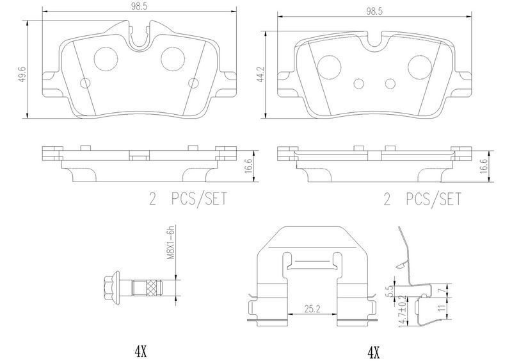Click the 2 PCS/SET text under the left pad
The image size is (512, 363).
coord(187,200)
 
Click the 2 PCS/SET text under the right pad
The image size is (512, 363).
coord(422,200)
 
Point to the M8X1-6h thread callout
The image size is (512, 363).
coord(171,244)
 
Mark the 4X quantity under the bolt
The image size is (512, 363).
coord(140,351)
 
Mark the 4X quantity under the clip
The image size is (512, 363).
coord(374,351)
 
